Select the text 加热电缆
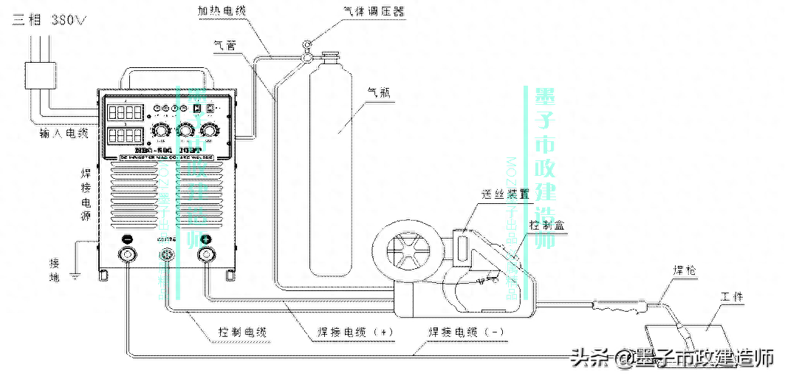tap(222, 12)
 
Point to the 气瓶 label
tap(379, 94)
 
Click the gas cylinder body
tap(336, 163)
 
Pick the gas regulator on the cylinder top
tap(307, 50)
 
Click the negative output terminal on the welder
tap(128, 255)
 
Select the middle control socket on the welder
tap(167, 255)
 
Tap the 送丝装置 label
tap(505, 195)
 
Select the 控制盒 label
tap(548, 225)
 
